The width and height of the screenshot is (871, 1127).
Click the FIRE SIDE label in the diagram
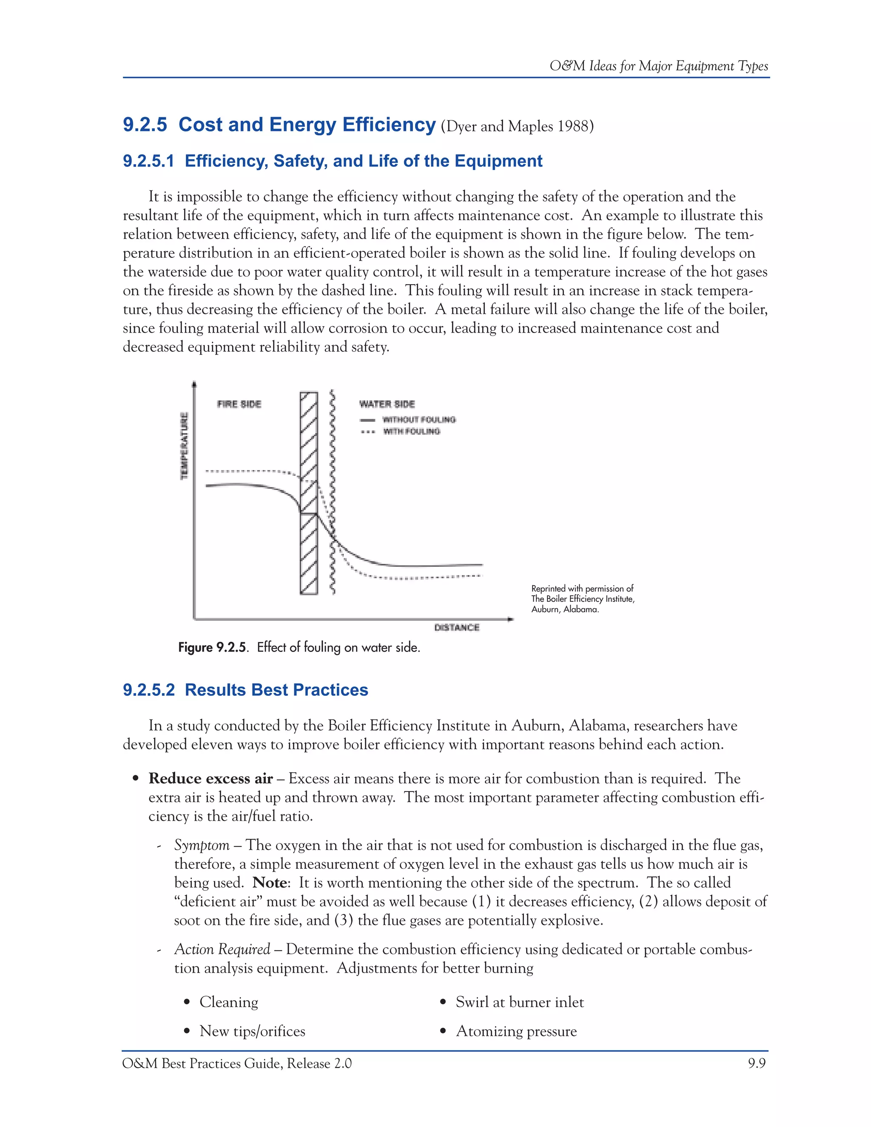pos(239,404)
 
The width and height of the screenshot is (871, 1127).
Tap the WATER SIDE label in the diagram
pos(387,404)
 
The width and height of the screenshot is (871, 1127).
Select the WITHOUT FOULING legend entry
pos(418,419)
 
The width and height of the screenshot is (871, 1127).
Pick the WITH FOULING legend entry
pos(411,431)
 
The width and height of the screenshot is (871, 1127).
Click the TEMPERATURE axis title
pos(184,446)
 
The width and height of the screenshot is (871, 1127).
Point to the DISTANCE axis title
pos(457,627)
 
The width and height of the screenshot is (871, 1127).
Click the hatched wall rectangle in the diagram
pos(309,557)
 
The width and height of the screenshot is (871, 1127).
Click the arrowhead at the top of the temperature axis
pos(194,384)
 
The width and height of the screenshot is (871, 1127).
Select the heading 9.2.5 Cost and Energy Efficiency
pos(279,125)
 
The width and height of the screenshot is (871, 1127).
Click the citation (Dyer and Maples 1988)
pos(517,126)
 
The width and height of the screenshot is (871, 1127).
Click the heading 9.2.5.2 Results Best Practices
pos(246,690)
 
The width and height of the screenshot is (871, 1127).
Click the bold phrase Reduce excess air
pos(211,778)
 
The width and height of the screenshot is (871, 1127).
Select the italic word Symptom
pos(202,845)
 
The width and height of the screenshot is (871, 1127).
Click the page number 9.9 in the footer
pos(757,1064)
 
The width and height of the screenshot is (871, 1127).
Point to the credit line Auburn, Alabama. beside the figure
pos(565,609)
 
